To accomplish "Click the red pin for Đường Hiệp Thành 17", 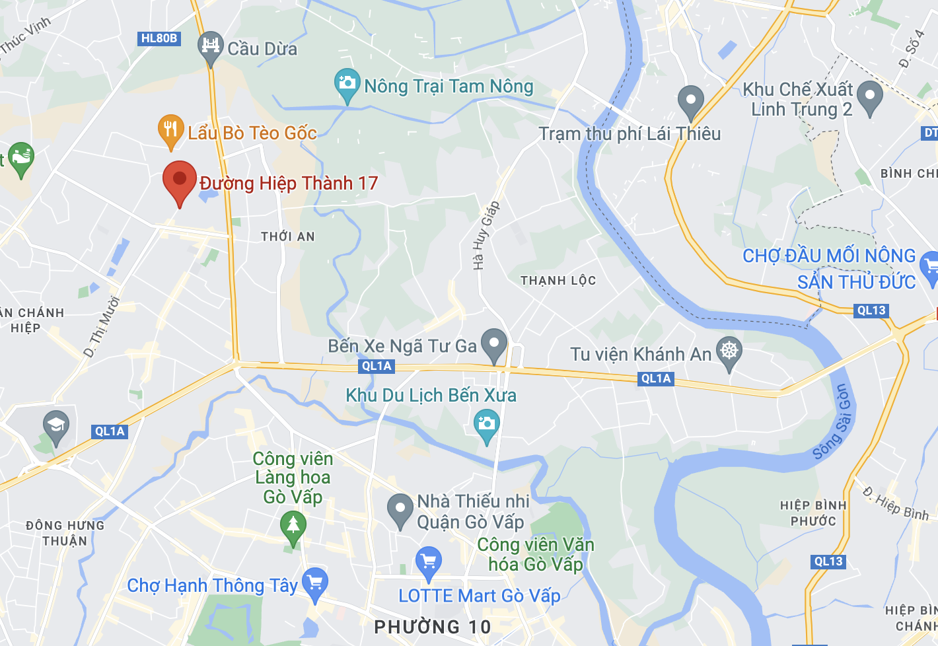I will (180, 180).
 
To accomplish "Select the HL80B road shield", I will (159, 38).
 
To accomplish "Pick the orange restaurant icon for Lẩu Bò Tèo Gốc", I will (170, 129).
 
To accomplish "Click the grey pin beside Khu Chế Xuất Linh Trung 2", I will (869, 98).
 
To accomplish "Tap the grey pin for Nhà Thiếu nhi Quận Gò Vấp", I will (400, 509).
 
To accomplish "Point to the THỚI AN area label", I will (288, 236).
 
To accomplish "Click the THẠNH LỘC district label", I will (558, 281).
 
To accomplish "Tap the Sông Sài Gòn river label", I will (834, 421).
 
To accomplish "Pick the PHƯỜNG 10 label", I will (433, 627).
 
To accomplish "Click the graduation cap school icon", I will (56, 425).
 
